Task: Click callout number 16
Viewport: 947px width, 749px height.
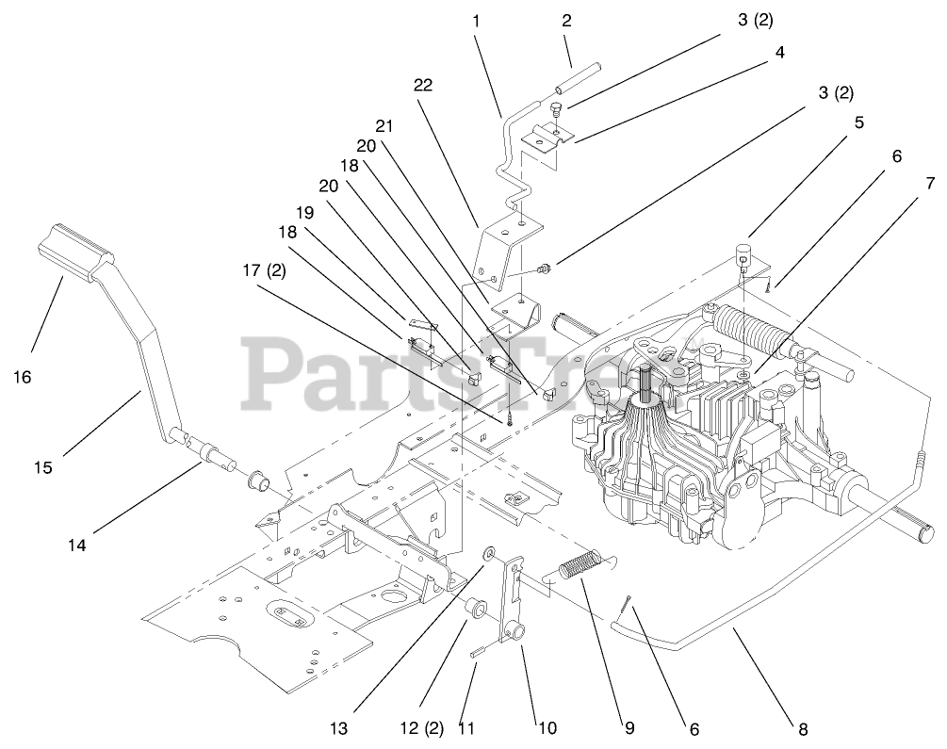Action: pos(22,377)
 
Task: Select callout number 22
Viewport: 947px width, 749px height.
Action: pos(423,85)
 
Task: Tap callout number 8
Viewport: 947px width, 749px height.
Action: pos(802,728)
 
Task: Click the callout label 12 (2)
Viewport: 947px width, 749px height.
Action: pos(420,728)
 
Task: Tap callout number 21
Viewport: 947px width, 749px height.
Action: pos(383,125)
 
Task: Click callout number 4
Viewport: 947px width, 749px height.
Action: pos(779,55)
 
